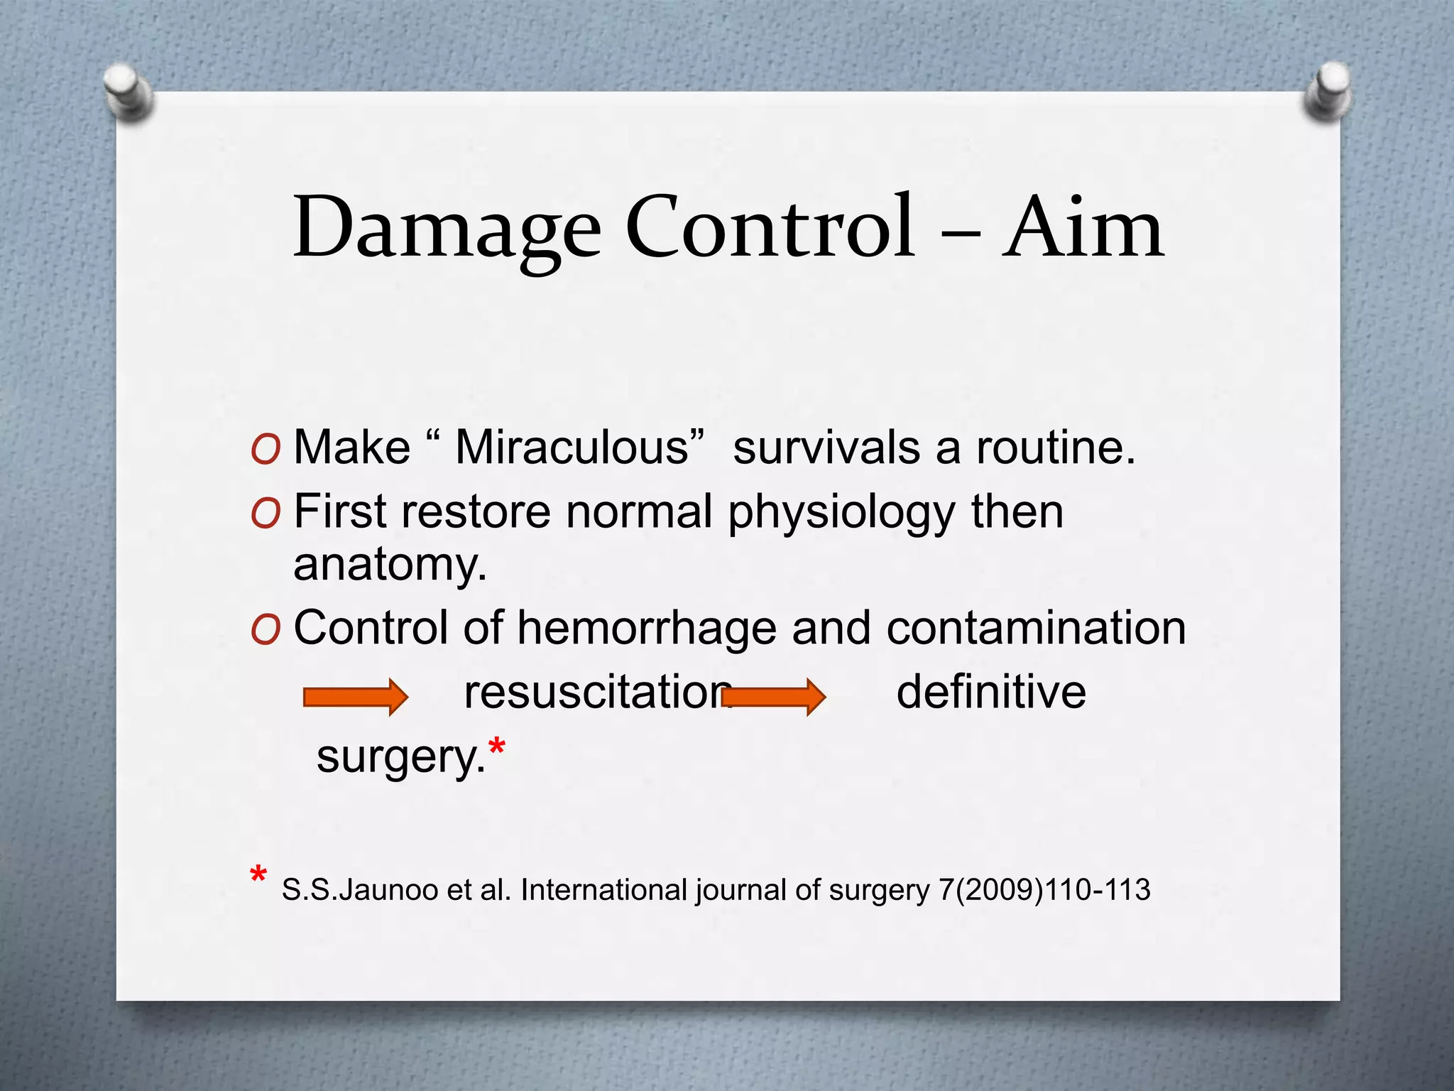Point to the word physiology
coord(842,513)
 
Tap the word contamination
coord(1036,629)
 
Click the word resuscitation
coord(596,692)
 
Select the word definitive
coord(991,692)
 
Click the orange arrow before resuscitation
coord(355,697)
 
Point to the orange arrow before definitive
coord(773,697)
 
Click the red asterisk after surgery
coord(497,748)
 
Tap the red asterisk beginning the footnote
coord(258,876)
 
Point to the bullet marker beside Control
coord(266,630)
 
